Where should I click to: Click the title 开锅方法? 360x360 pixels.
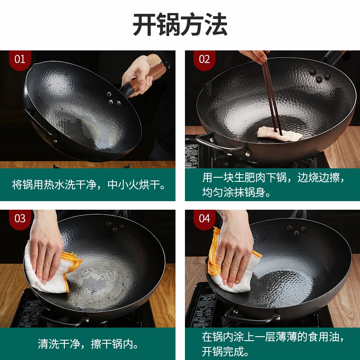pyautogui.click(x=180, y=24)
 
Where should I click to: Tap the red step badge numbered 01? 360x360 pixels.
pyautogui.click(x=20, y=60)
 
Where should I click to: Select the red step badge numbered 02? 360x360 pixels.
pyautogui.click(x=204, y=60)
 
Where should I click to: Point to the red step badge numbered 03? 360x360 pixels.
pyautogui.click(x=20, y=219)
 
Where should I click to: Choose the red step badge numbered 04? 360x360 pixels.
pyautogui.click(x=204, y=219)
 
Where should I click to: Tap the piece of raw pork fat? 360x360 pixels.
pyautogui.click(x=279, y=134)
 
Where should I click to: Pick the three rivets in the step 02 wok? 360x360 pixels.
pyautogui.click(x=319, y=75)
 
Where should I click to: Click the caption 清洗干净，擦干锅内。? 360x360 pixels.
pyautogui.click(x=88, y=344)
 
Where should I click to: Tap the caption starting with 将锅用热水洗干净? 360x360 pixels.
pyautogui.click(x=89, y=184)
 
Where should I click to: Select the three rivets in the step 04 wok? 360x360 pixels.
pyautogui.click(x=297, y=230)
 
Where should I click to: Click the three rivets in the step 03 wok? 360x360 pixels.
pyautogui.click(x=116, y=227)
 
